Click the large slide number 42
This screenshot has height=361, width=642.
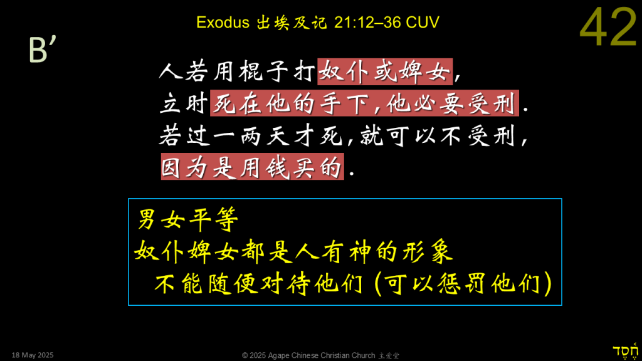608,27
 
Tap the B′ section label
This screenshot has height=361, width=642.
42,50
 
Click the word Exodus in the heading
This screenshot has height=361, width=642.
223,22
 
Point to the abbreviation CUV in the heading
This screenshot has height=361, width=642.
423,22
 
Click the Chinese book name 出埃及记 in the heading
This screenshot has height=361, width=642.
292,23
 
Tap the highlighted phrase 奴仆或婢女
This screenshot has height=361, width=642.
385,71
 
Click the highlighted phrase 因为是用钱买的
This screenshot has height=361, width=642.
252,167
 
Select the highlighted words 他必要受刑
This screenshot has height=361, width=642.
451,103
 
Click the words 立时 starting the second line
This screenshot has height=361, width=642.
184,103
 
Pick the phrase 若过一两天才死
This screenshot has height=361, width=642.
251,135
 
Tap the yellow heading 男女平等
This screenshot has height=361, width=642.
188,219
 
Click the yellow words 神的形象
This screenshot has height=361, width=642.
401,251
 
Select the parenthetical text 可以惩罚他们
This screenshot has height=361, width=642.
463,283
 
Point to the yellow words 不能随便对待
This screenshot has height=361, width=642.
232,283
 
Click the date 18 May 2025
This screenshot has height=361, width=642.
33,355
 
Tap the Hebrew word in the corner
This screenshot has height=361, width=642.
625,351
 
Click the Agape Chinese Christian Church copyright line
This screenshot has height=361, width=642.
320,355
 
